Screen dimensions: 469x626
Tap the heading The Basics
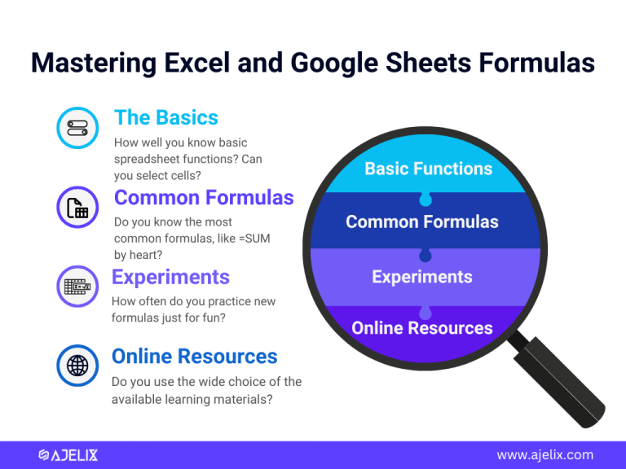tap(166, 117)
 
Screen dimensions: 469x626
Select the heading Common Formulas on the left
tap(204, 197)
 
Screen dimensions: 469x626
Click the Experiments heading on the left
tap(170, 277)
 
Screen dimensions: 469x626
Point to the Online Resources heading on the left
tap(194, 356)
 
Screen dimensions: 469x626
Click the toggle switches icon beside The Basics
tap(77, 129)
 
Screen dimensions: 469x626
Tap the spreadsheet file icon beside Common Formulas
tap(77, 208)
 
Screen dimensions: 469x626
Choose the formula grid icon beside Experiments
tap(77, 287)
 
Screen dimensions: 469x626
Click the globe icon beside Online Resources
tap(77, 366)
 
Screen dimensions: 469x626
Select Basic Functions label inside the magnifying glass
tap(428, 169)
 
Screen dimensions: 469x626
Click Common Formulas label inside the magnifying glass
tap(421, 221)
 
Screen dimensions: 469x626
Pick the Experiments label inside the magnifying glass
tap(421, 277)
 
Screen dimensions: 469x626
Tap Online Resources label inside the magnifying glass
tap(421, 328)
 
